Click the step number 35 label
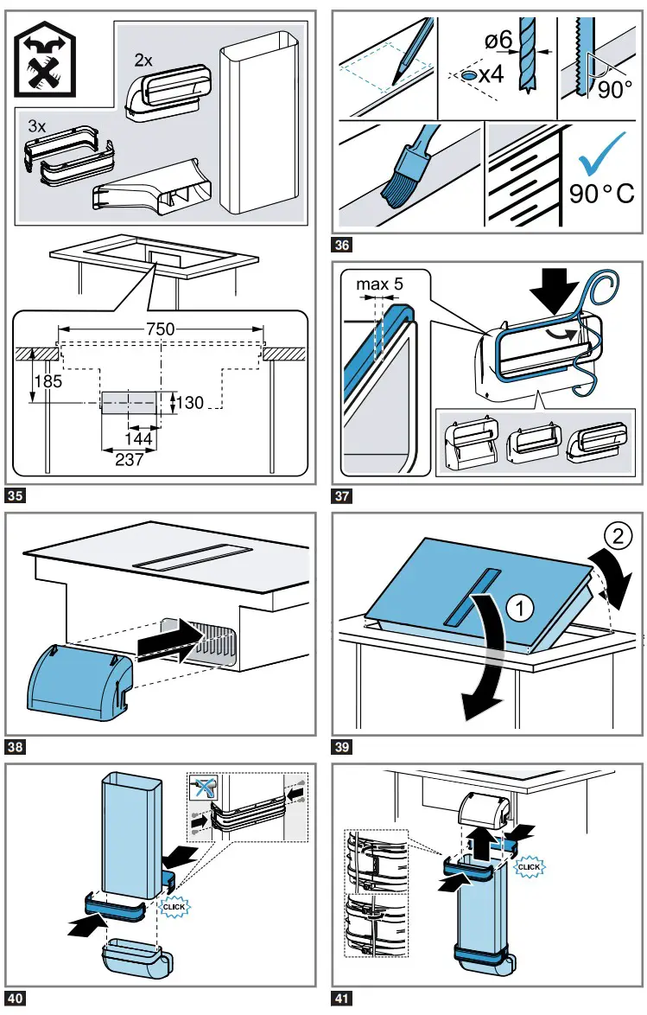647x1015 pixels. click(16, 496)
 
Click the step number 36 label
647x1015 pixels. click(342, 245)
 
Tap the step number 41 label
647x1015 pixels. click(342, 999)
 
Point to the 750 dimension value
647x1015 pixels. click(161, 329)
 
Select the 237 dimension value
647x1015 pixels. click(129, 460)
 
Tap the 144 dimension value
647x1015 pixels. click(143, 440)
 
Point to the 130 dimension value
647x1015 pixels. click(190, 402)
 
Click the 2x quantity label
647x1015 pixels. click(144, 60)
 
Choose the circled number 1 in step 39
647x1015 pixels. click(517, 610)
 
